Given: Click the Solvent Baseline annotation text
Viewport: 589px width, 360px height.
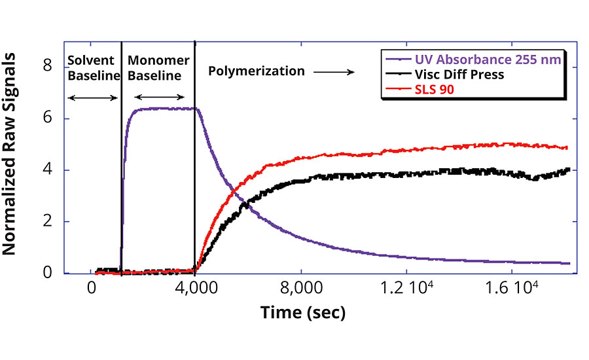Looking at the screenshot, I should (x=94, y=68).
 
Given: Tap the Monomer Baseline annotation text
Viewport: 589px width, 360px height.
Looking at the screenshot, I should (x=158, y=68).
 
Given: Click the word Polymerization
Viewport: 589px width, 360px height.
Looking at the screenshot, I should (x=257, y=71).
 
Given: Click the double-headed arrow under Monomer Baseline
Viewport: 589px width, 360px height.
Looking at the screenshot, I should (x=159, y=98).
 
